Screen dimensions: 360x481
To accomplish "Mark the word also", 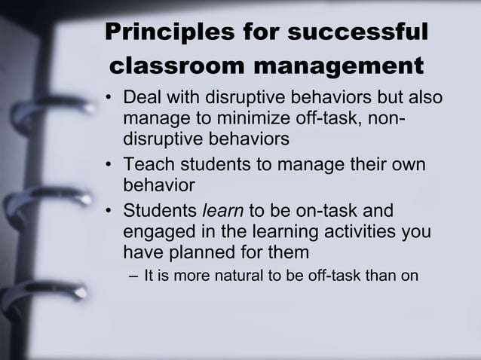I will [424, 99].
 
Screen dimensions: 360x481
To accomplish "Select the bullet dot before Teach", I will [110, 165].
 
